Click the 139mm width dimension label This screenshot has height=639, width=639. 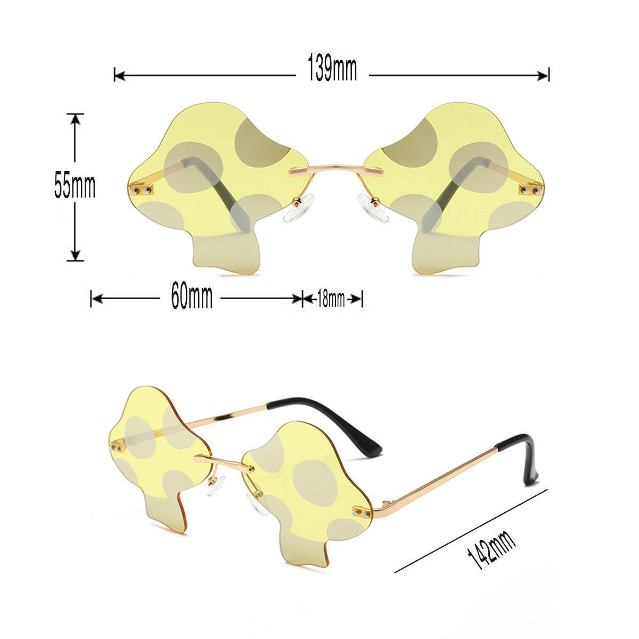pos(332,68)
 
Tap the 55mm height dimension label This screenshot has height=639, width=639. pos(75,187)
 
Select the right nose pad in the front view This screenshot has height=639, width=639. pos(373,209)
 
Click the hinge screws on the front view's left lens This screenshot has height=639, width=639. pos(141,190)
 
